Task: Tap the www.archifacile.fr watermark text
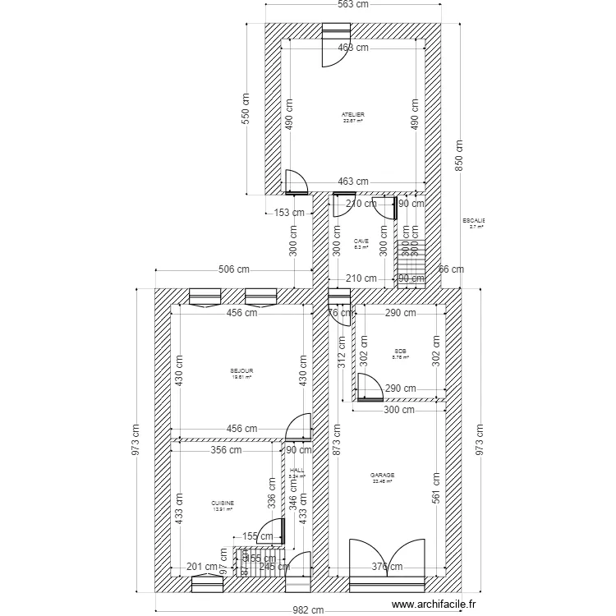click(434, 604)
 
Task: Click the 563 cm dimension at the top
click(354, 5)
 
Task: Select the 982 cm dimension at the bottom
click(308, 609)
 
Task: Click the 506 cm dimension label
click(234, 269)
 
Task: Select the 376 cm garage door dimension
click(387, 566)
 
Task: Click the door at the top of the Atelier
click(336, 37)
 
